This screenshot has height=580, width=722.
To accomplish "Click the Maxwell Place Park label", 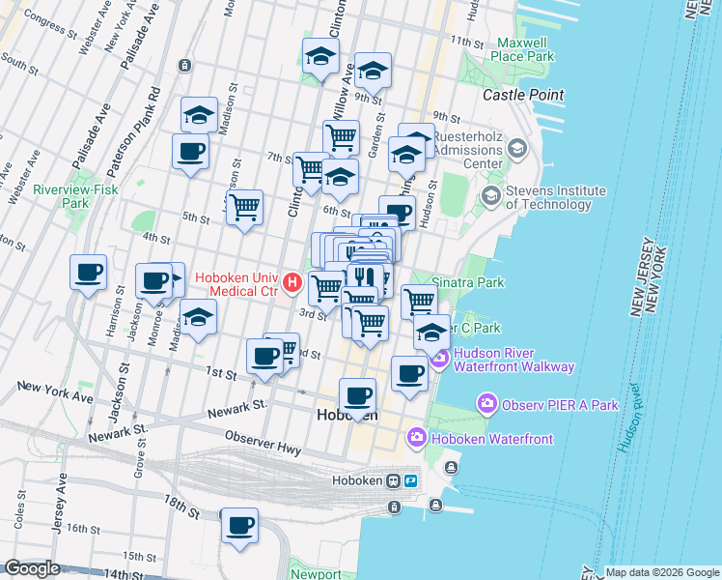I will click(526, 49).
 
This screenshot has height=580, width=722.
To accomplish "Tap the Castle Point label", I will click(523, 95).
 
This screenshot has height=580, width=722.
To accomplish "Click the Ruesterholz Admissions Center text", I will click(467, 150).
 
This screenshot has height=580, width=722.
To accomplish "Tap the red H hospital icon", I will click(292, 284).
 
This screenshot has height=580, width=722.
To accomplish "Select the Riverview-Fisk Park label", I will click(75, 197).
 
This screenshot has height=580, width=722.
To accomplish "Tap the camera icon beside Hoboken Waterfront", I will click(417, 439).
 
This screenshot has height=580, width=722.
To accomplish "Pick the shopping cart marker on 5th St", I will click(245, 206).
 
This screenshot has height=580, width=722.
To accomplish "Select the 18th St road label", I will click(180, 504).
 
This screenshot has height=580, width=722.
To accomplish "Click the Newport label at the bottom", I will click(316, 573).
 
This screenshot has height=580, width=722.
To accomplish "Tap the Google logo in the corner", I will click(32, 568).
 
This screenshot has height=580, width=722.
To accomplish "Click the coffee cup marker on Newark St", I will click(358, 395).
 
